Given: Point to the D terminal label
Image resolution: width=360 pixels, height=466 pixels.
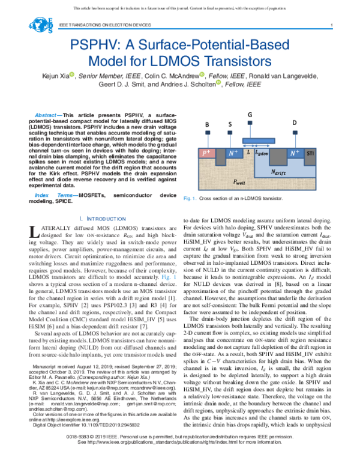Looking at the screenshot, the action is point(294,123).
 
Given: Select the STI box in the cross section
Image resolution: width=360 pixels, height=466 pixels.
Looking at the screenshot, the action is point(310,154).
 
